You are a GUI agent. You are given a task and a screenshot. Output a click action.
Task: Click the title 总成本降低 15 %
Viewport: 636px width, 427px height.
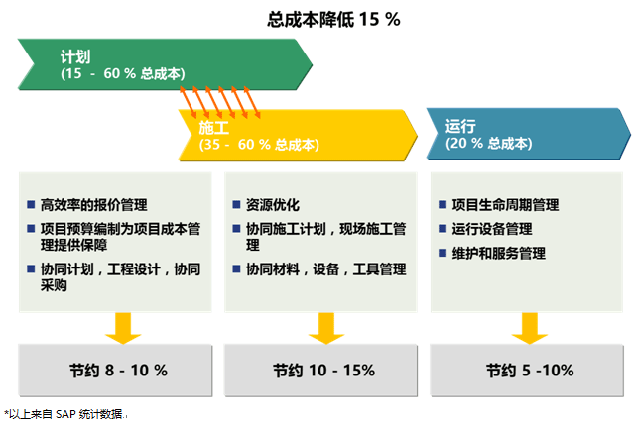pyautogui.click(x=333, y=19)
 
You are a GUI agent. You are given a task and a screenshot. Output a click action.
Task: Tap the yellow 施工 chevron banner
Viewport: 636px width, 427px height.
pyautogui.click(x=298, y=136)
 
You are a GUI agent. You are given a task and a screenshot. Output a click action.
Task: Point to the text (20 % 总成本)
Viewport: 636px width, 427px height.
pyautogui.click(x=489, y=143)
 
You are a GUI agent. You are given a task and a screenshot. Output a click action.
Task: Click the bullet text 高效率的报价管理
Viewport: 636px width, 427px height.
pyautogui.click(x=93, y=205)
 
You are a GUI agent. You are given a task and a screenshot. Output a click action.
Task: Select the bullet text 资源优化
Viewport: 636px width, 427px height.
pyautogui.click(x=273, y=205)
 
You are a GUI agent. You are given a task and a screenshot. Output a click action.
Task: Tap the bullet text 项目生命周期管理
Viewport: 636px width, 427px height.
pyautogui.click(x=505, y=205)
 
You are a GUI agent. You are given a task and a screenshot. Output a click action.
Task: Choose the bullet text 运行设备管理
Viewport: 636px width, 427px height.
pyautogui.click(x=492, y=229)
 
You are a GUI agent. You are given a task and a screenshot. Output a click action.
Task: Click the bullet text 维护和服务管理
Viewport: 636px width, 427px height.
pyautogui.click(x=498, y=254)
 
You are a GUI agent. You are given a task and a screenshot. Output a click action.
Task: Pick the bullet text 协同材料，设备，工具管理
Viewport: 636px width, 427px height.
pyautogui.click(x=326, y=269)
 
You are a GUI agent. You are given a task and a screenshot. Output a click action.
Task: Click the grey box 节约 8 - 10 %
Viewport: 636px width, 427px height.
pyautogui.click(x=115, y=370)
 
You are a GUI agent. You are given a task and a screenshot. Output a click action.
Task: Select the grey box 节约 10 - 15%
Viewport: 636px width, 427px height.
pyautogui.click(x=320, y=370)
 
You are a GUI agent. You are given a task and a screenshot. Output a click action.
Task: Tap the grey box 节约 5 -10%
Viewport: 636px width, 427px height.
pyautogui.click(x=527, y=370)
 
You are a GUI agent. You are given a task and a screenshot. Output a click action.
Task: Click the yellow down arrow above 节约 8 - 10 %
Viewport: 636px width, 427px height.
pyautogui.click(x=123, y=328)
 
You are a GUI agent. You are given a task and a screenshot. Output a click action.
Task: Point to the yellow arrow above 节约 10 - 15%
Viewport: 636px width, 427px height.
pyautogui.click(x=326, y=328)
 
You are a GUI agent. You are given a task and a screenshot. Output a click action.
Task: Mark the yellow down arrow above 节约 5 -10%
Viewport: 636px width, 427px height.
pyautogui.click(x=530, y=328)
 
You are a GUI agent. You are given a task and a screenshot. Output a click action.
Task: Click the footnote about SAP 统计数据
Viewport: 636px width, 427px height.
pyautogui.click(x=64, y=414)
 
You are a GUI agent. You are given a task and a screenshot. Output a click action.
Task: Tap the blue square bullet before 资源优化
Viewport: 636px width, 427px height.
pyautogui.click(x=236, y=204)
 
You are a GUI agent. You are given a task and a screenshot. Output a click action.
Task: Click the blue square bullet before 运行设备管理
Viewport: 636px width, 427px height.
pyautogui.click(x=443, y=229)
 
